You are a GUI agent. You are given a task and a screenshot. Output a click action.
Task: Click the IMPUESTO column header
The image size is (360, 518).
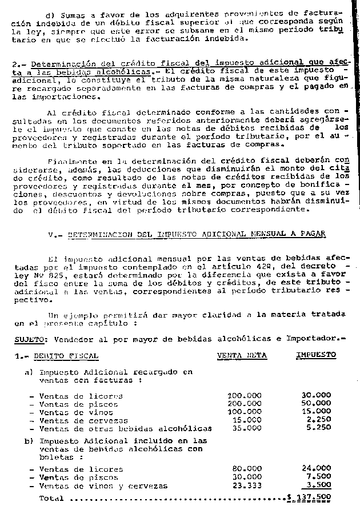pos(315,355)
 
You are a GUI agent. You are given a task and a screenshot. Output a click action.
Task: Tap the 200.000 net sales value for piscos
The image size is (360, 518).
pos(244,404)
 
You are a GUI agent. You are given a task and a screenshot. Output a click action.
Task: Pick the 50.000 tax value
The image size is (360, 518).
pos(315,404)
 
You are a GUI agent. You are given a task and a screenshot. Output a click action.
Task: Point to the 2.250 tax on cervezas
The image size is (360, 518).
pos(318,420)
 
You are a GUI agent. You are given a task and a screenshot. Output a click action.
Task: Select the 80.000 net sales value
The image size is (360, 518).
pos(246,469)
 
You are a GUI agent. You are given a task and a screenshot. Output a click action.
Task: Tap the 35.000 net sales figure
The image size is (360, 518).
pos(246,428)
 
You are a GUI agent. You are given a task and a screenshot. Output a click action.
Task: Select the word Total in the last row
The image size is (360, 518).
pos(51,498)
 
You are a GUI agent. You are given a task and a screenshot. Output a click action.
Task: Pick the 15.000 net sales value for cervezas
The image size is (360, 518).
pos(246,420)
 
